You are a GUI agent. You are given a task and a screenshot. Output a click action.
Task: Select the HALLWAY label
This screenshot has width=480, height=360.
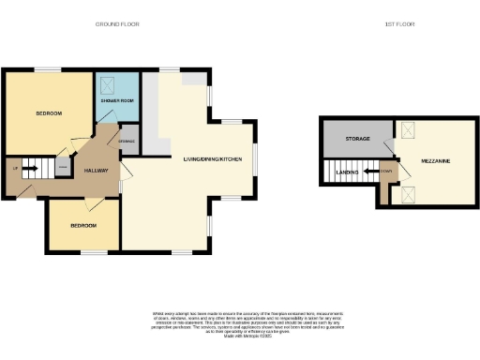pyautogui.click(x=97, y=172)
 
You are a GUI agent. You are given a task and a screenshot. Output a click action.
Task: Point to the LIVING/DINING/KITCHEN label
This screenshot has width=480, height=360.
pyautogui.click(x=213, y=160)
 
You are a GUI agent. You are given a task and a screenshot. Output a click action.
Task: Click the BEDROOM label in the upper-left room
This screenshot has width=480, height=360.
pyautogui.click(x=49, y=113)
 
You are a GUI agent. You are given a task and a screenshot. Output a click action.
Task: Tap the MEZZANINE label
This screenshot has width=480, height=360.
pyautogui.click(x=436, y=162)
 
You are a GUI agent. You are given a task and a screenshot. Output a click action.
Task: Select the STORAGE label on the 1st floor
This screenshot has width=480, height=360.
pyautogui.click(x=356, y=140)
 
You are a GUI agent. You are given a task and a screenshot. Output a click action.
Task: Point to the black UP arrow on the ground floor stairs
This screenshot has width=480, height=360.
pyautogui.click(x=30, y=170)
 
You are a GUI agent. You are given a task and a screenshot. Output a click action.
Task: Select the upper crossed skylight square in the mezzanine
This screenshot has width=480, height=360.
pyautogui.click(x=408, y=132)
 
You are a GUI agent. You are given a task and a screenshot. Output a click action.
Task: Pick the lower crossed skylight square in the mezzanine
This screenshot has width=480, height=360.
pyautogui.click(x=408, y=194)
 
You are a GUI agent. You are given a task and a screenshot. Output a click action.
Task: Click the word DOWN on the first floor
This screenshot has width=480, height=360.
pyautogui.click(x=387, y=172)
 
